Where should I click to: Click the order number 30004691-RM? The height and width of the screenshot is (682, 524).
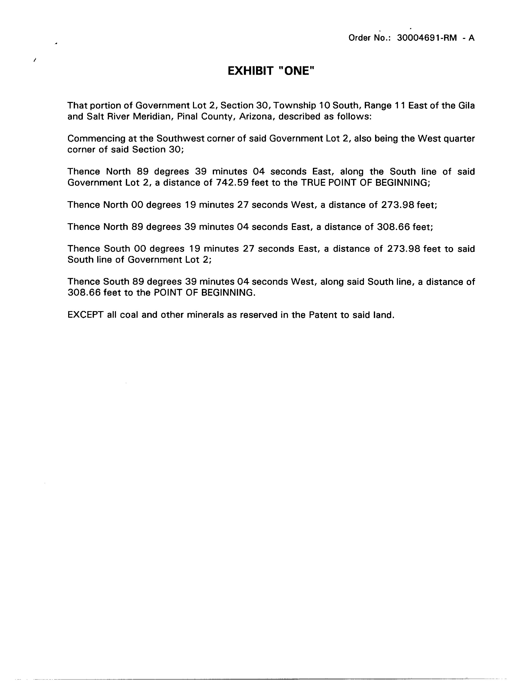(427, 38)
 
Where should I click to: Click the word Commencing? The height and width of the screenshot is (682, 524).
(94, 139)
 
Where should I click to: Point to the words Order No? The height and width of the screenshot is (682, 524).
(370, 38)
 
